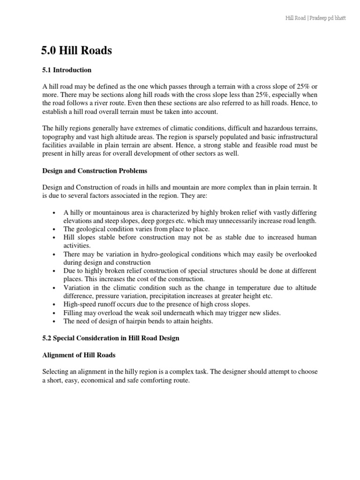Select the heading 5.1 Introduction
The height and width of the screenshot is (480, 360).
67,70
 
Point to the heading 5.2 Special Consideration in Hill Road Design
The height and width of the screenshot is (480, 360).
111,337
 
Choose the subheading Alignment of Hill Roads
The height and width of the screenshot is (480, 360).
79,355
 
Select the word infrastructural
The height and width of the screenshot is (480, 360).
296,136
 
